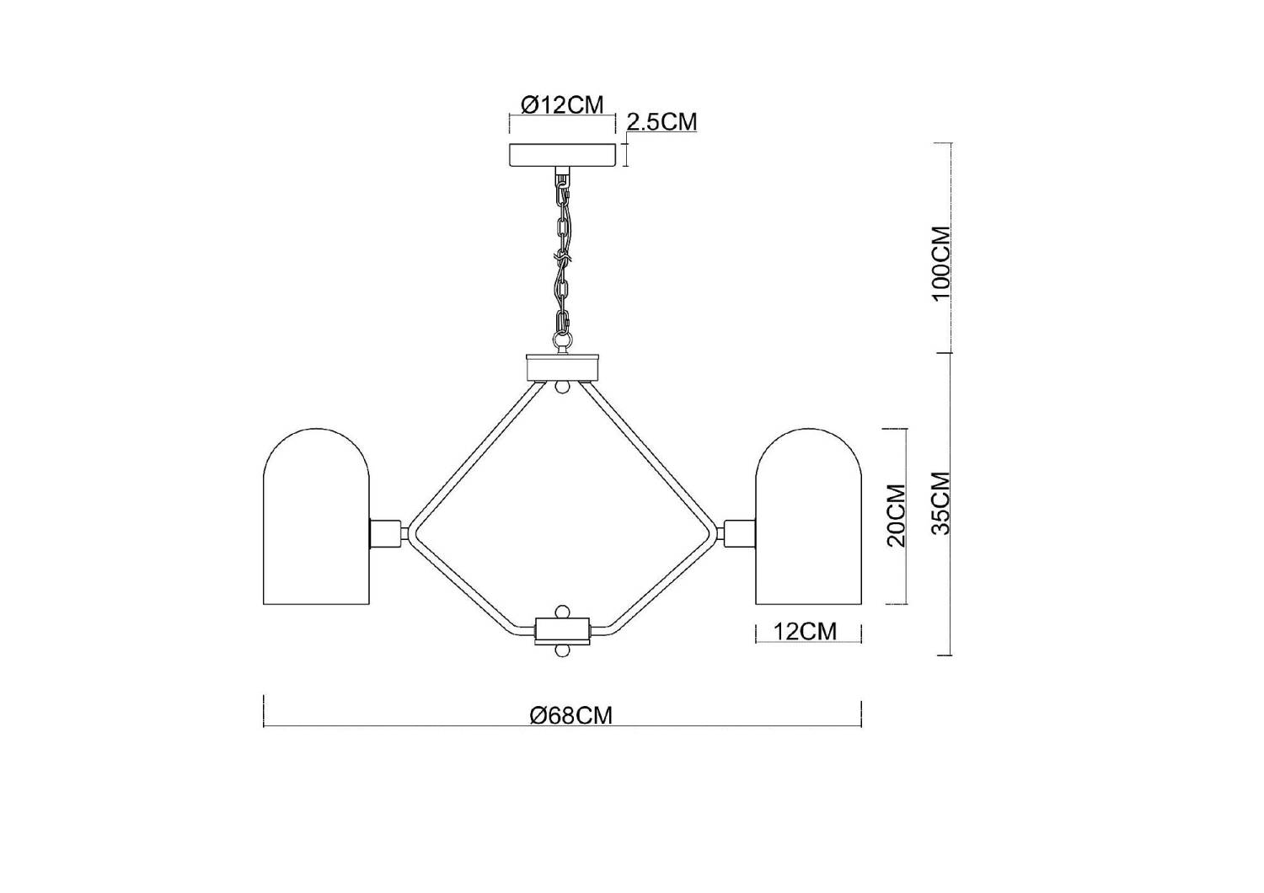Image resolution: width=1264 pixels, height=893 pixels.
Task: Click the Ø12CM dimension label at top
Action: (562, 105)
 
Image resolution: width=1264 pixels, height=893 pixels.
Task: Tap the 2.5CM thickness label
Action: (661, 122)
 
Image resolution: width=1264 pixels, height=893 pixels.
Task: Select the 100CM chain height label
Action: (941, 261)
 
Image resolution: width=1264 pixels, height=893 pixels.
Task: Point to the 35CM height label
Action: (941, 503)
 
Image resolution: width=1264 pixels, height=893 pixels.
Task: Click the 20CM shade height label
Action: (897, 516)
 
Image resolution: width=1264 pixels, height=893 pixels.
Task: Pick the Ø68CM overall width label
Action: (570, 716)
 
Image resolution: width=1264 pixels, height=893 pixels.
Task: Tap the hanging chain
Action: (562, 253)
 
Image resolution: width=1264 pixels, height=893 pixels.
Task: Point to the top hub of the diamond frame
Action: (562, 368)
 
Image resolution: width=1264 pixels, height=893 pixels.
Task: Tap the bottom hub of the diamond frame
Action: (562, 629)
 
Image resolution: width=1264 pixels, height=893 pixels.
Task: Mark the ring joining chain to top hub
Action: (562, 341)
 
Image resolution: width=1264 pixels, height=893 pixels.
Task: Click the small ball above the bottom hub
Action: (562, 610)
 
